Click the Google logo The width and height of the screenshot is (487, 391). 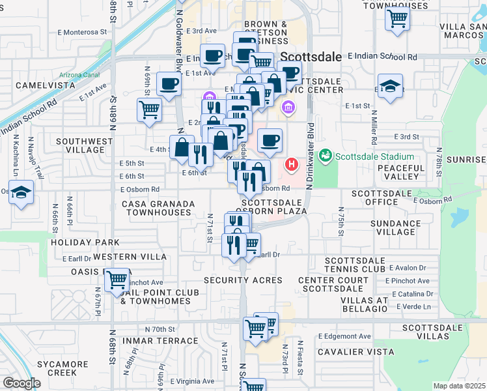point(22,383)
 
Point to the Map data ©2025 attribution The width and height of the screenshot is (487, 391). point(460,386)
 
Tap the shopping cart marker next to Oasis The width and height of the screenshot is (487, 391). point(117,280)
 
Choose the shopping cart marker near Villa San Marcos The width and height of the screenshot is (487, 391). point(397,18)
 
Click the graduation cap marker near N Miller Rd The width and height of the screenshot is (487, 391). point(389,86)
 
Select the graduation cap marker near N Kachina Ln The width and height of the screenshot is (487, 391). point(21,193)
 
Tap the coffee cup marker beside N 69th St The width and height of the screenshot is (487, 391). point(169,83)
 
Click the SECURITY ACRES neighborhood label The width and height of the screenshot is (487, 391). point(243,280)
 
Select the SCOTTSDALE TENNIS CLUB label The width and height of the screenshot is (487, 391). point(355,265)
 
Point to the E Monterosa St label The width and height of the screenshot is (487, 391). point(81,31)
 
